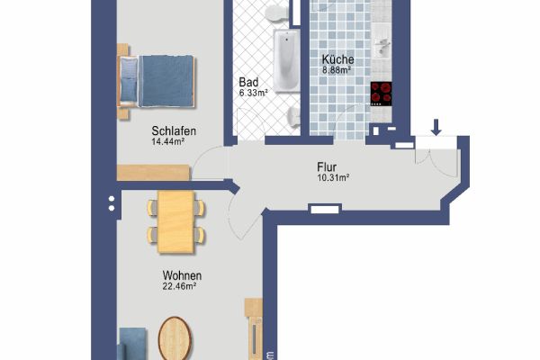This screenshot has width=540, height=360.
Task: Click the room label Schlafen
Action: tap(174, 130)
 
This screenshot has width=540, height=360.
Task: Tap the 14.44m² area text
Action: tap(167, 141)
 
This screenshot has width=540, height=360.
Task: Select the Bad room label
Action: tap(248, 82)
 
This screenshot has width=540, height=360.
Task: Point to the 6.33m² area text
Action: tap(254, 93)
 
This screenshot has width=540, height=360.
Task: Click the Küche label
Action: tap(337, 59)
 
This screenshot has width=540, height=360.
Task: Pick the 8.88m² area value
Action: tap(337, 70)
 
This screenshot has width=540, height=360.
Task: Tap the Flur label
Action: tap(327, 167)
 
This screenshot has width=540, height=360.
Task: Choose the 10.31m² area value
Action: tap(333, 178)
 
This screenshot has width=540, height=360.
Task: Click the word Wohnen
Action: tap(182, 275)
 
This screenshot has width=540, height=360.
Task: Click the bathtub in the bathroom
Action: tap(286, 61)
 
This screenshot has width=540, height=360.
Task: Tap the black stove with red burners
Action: tap(381, 94)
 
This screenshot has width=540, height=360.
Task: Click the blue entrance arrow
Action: tap(436, 127)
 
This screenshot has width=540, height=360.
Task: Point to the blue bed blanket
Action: tap(166, 81)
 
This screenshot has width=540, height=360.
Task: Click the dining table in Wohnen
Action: tap(176, 222)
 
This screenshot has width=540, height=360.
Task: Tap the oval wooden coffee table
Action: tap(175, 338)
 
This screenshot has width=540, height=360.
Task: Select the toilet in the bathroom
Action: tap(277, 13)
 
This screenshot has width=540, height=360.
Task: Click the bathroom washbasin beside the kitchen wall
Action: tap(293, 116)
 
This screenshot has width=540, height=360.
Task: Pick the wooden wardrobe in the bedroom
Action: tap(154, 173)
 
